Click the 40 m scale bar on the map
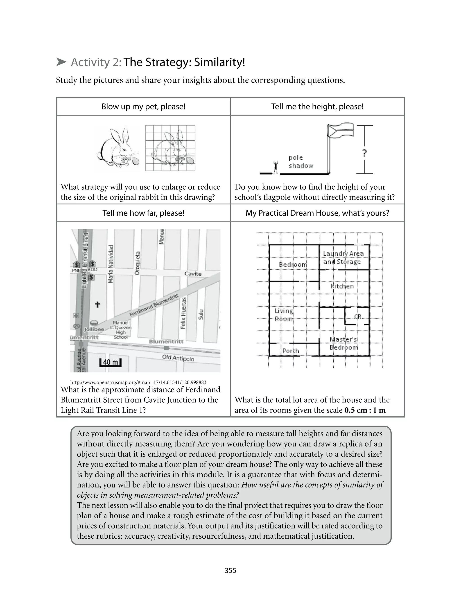[110, 362]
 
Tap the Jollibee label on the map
[94, 329]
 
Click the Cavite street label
[193, 274]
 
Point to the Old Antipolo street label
[178, 358]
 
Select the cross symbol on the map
[97, 304]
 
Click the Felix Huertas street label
[183, 313]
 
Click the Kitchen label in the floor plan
[342, 286]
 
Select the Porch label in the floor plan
[291, 351]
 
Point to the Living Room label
[284, 315]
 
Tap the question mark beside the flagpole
[364, 153]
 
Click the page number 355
[230, 571]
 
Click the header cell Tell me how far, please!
[143, 213]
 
